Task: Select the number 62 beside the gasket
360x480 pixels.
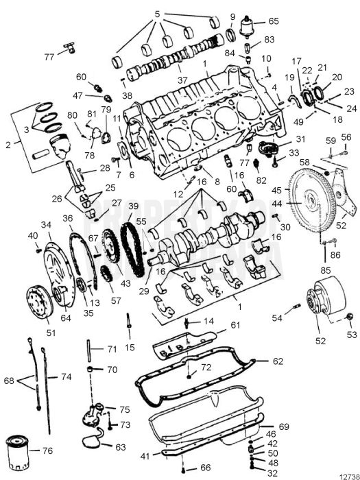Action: (277, 361)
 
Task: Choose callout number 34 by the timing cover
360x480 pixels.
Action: (46, 224)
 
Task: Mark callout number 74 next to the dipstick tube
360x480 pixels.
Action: (66, 377)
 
